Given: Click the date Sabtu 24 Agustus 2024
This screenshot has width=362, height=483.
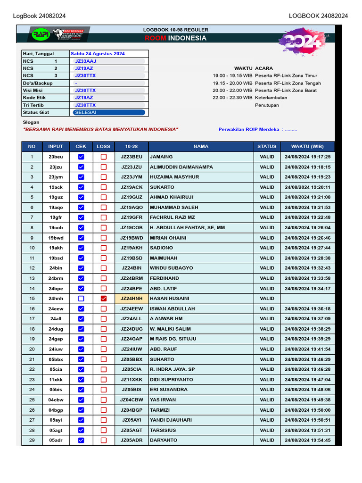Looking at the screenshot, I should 98,54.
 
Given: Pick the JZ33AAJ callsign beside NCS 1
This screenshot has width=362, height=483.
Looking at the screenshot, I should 85,61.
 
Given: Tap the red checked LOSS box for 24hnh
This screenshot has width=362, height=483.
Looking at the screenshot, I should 103,299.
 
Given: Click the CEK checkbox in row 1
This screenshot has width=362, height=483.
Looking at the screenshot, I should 81,157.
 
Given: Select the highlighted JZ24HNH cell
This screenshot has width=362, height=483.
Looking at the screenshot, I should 132,299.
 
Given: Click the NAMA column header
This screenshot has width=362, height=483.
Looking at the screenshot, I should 201,147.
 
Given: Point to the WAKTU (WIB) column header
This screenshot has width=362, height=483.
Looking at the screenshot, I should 307,147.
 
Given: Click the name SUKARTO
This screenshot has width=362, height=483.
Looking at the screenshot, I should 162,187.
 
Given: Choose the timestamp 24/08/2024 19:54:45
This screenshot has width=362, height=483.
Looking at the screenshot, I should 307,441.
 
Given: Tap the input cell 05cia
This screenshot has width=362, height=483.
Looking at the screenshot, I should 56,369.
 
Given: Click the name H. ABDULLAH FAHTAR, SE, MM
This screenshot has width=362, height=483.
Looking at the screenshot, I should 187,228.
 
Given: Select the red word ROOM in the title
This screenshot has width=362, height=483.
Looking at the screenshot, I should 155,38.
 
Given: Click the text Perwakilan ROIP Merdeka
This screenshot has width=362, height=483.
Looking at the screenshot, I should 248,130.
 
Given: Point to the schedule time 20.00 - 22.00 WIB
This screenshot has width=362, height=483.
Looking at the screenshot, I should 232,91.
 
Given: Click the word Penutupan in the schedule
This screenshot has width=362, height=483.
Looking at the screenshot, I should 267,105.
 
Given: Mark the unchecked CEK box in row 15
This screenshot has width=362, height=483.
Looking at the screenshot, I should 81,299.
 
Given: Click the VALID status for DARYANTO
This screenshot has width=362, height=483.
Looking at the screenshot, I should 267,441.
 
